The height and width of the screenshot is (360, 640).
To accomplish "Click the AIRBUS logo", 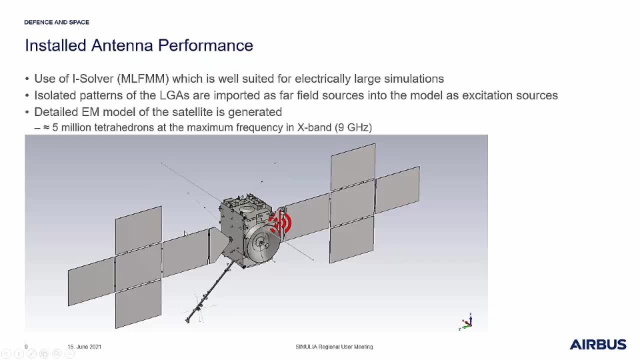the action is pos(598,345).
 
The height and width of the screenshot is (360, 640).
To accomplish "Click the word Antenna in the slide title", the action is pos(121,45).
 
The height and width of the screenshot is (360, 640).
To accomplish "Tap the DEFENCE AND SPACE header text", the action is pos(57,22).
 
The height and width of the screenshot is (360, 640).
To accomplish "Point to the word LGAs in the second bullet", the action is pos(174,95).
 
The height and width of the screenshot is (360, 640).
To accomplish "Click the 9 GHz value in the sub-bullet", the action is pos(353,127).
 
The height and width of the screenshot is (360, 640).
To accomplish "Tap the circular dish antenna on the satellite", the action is pos(264,245).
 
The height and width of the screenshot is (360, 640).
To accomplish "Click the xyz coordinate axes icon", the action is pos(467,321).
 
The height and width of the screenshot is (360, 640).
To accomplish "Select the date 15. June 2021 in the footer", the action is pos(85,347).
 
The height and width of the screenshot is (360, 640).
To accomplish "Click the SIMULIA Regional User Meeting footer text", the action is pos(334,347).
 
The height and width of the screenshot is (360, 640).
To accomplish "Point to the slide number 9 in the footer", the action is pos(26,347).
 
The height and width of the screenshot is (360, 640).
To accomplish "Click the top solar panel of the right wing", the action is pos(353,167).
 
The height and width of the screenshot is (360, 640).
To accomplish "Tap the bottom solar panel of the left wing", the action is pos(139,304).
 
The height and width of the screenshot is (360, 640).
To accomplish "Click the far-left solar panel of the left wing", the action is pos(91,281).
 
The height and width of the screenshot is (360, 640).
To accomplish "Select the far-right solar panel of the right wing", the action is pos(397,190).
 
